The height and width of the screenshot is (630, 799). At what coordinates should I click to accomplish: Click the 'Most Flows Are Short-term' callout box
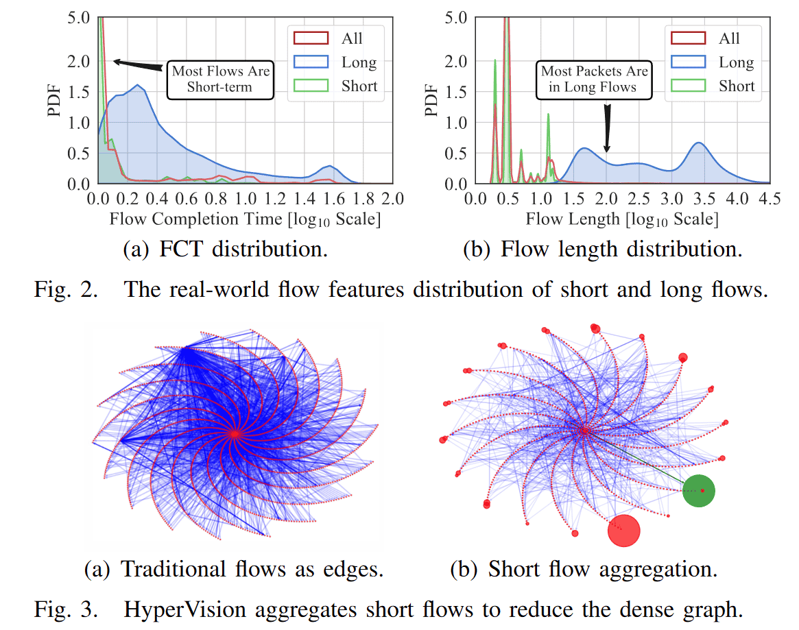220,79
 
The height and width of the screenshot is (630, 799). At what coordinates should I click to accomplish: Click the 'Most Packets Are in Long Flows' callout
595,79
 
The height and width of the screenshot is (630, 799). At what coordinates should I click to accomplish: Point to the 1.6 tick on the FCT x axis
333,199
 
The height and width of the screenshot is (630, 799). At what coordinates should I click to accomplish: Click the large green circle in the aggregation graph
699,491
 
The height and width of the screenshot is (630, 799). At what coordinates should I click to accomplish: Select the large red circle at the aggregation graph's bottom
623,531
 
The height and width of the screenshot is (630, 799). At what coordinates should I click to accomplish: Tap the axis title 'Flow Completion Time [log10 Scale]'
245,219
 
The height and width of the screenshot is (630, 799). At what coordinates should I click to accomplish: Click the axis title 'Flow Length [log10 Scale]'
622,219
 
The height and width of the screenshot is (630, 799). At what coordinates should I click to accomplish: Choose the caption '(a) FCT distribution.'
225,249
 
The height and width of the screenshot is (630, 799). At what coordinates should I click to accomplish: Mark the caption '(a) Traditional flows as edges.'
233,568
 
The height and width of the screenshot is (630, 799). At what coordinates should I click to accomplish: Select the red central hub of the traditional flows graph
235,433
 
